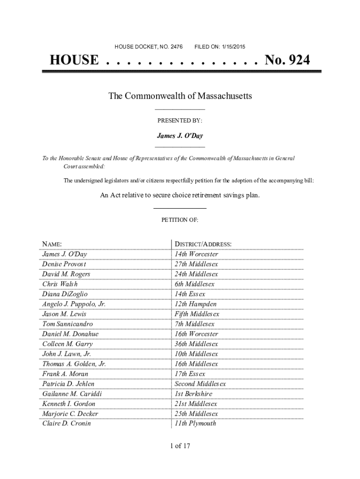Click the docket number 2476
pyautogui.click(x=177, y=47)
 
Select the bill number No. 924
pyautogui.click(x=287, y=60)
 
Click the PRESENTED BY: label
pyautogui.click(x=180, y=121)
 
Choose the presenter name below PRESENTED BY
pyautogui.click(x=180, y=136)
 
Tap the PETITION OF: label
pyautogui.click(x=180, y=220)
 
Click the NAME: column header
pyautogui.click(x=52, y=244)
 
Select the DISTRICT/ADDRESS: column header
pyautogui.click(x=203, y=244)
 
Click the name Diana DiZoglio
pyautogui.click(x=65, y=294)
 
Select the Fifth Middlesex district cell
pyautogui.click(x=196, y=314)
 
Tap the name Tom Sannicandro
pyautogui.click(x=67, y=324)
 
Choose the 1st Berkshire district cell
pyautogui.click(x=193, y=394)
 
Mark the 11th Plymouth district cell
pyautogui.click(x=195, y=424)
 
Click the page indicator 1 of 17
pyautogui.click(x=180, y=446)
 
